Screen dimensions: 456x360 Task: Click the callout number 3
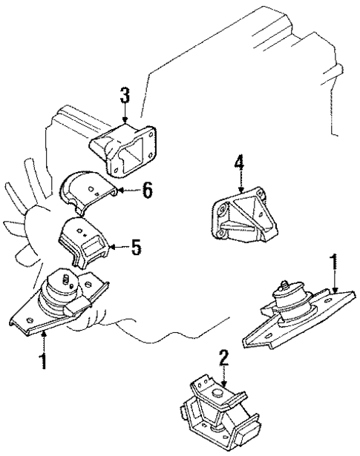[x=125, y=96]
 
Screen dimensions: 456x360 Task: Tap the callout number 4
[x=238, y=161]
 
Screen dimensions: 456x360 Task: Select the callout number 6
[x=147, y=191]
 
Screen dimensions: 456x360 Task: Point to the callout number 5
[x=136, y=246]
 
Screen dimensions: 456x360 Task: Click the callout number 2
[x=222, y=358]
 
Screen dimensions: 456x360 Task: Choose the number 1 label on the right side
[x=334, y=262]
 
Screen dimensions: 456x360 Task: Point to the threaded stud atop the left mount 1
[x=64, y=278]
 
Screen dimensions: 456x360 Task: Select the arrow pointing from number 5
[x=117, y=247]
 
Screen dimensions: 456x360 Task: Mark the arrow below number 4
[x=238, y=182]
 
